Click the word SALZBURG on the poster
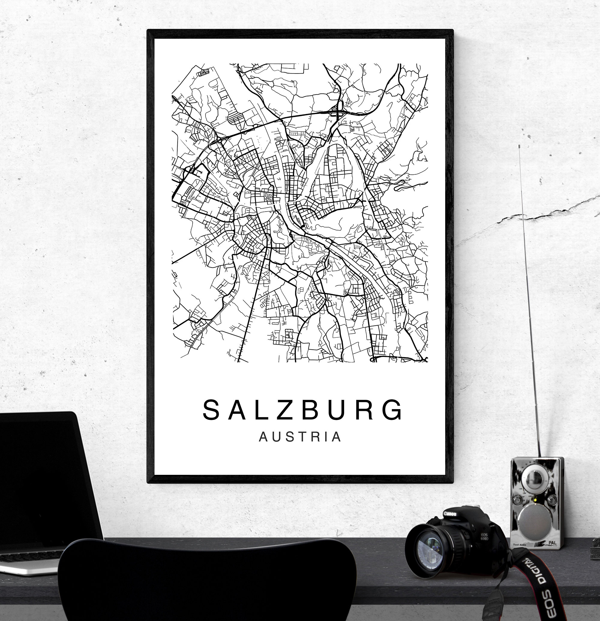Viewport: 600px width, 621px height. click(303, 411)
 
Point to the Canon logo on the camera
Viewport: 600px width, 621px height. click(450, 514)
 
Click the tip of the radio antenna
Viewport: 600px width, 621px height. click(520, 146)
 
